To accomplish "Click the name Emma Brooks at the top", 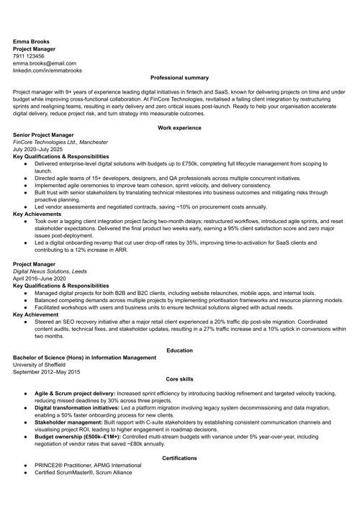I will pyautogui.click(x=31, y=41).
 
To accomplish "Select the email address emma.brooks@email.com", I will pyautogui.click(x=44, y=63).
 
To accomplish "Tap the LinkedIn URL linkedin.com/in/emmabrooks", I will pyautogui.click(x=48, y=71).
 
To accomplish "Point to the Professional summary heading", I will pyautogui.click(x=179, y=78).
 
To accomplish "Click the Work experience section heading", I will pyautogui.click(x=179, y=127).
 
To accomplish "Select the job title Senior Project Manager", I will pyautogui.click(x=43, y=135).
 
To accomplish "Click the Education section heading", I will pyautogui.click(x=179, y=350).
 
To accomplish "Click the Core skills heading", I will pyautogui.click(x=179, y=378).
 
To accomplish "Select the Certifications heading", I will pyautogui.click(x=179, y=458).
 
